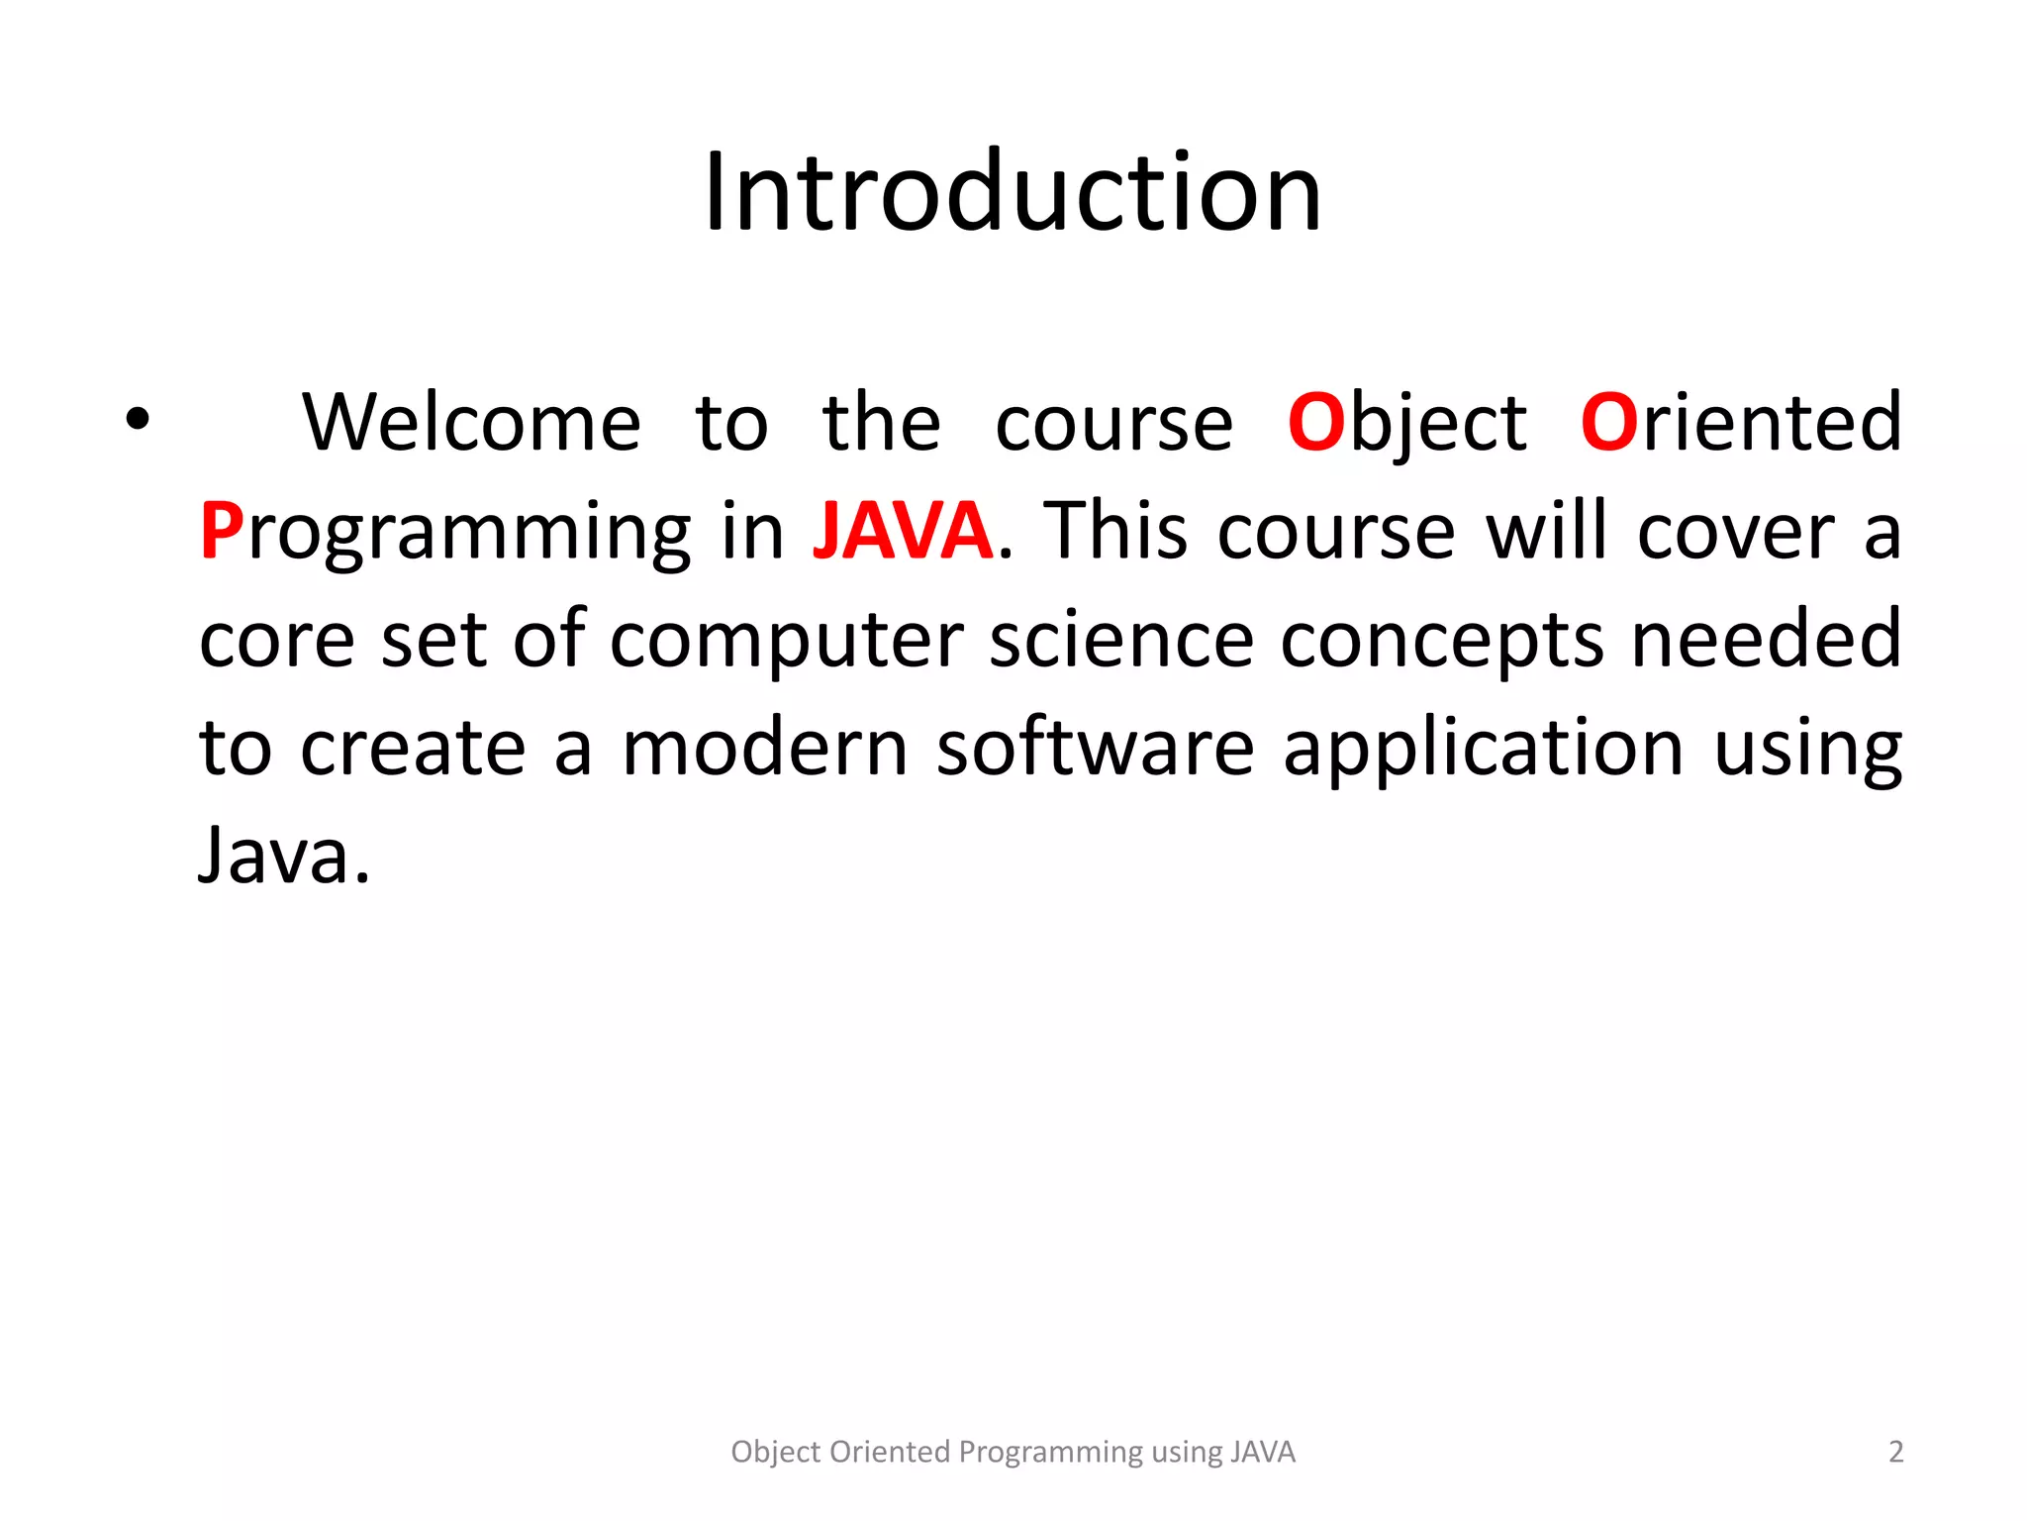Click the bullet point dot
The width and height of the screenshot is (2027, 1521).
click(138, 420)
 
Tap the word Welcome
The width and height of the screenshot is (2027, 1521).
click(471, 423)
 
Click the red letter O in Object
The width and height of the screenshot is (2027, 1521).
click(1316, 423)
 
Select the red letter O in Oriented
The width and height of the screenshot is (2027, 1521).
click(1609, 423)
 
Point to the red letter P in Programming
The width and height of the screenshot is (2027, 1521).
click(222, 531)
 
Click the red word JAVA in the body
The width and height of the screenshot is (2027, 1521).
click(902, 531)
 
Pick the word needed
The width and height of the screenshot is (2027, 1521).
click(1766, 639)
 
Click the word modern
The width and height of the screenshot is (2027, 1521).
click(764, 748)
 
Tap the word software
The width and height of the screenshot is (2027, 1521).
click(1095, 748)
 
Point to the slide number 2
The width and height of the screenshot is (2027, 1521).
click(1895, 1452)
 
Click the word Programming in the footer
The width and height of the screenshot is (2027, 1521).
click(1051, 1453)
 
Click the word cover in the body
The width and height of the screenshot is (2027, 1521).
click(1736, 533)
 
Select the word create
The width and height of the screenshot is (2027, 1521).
click(412, 748)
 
